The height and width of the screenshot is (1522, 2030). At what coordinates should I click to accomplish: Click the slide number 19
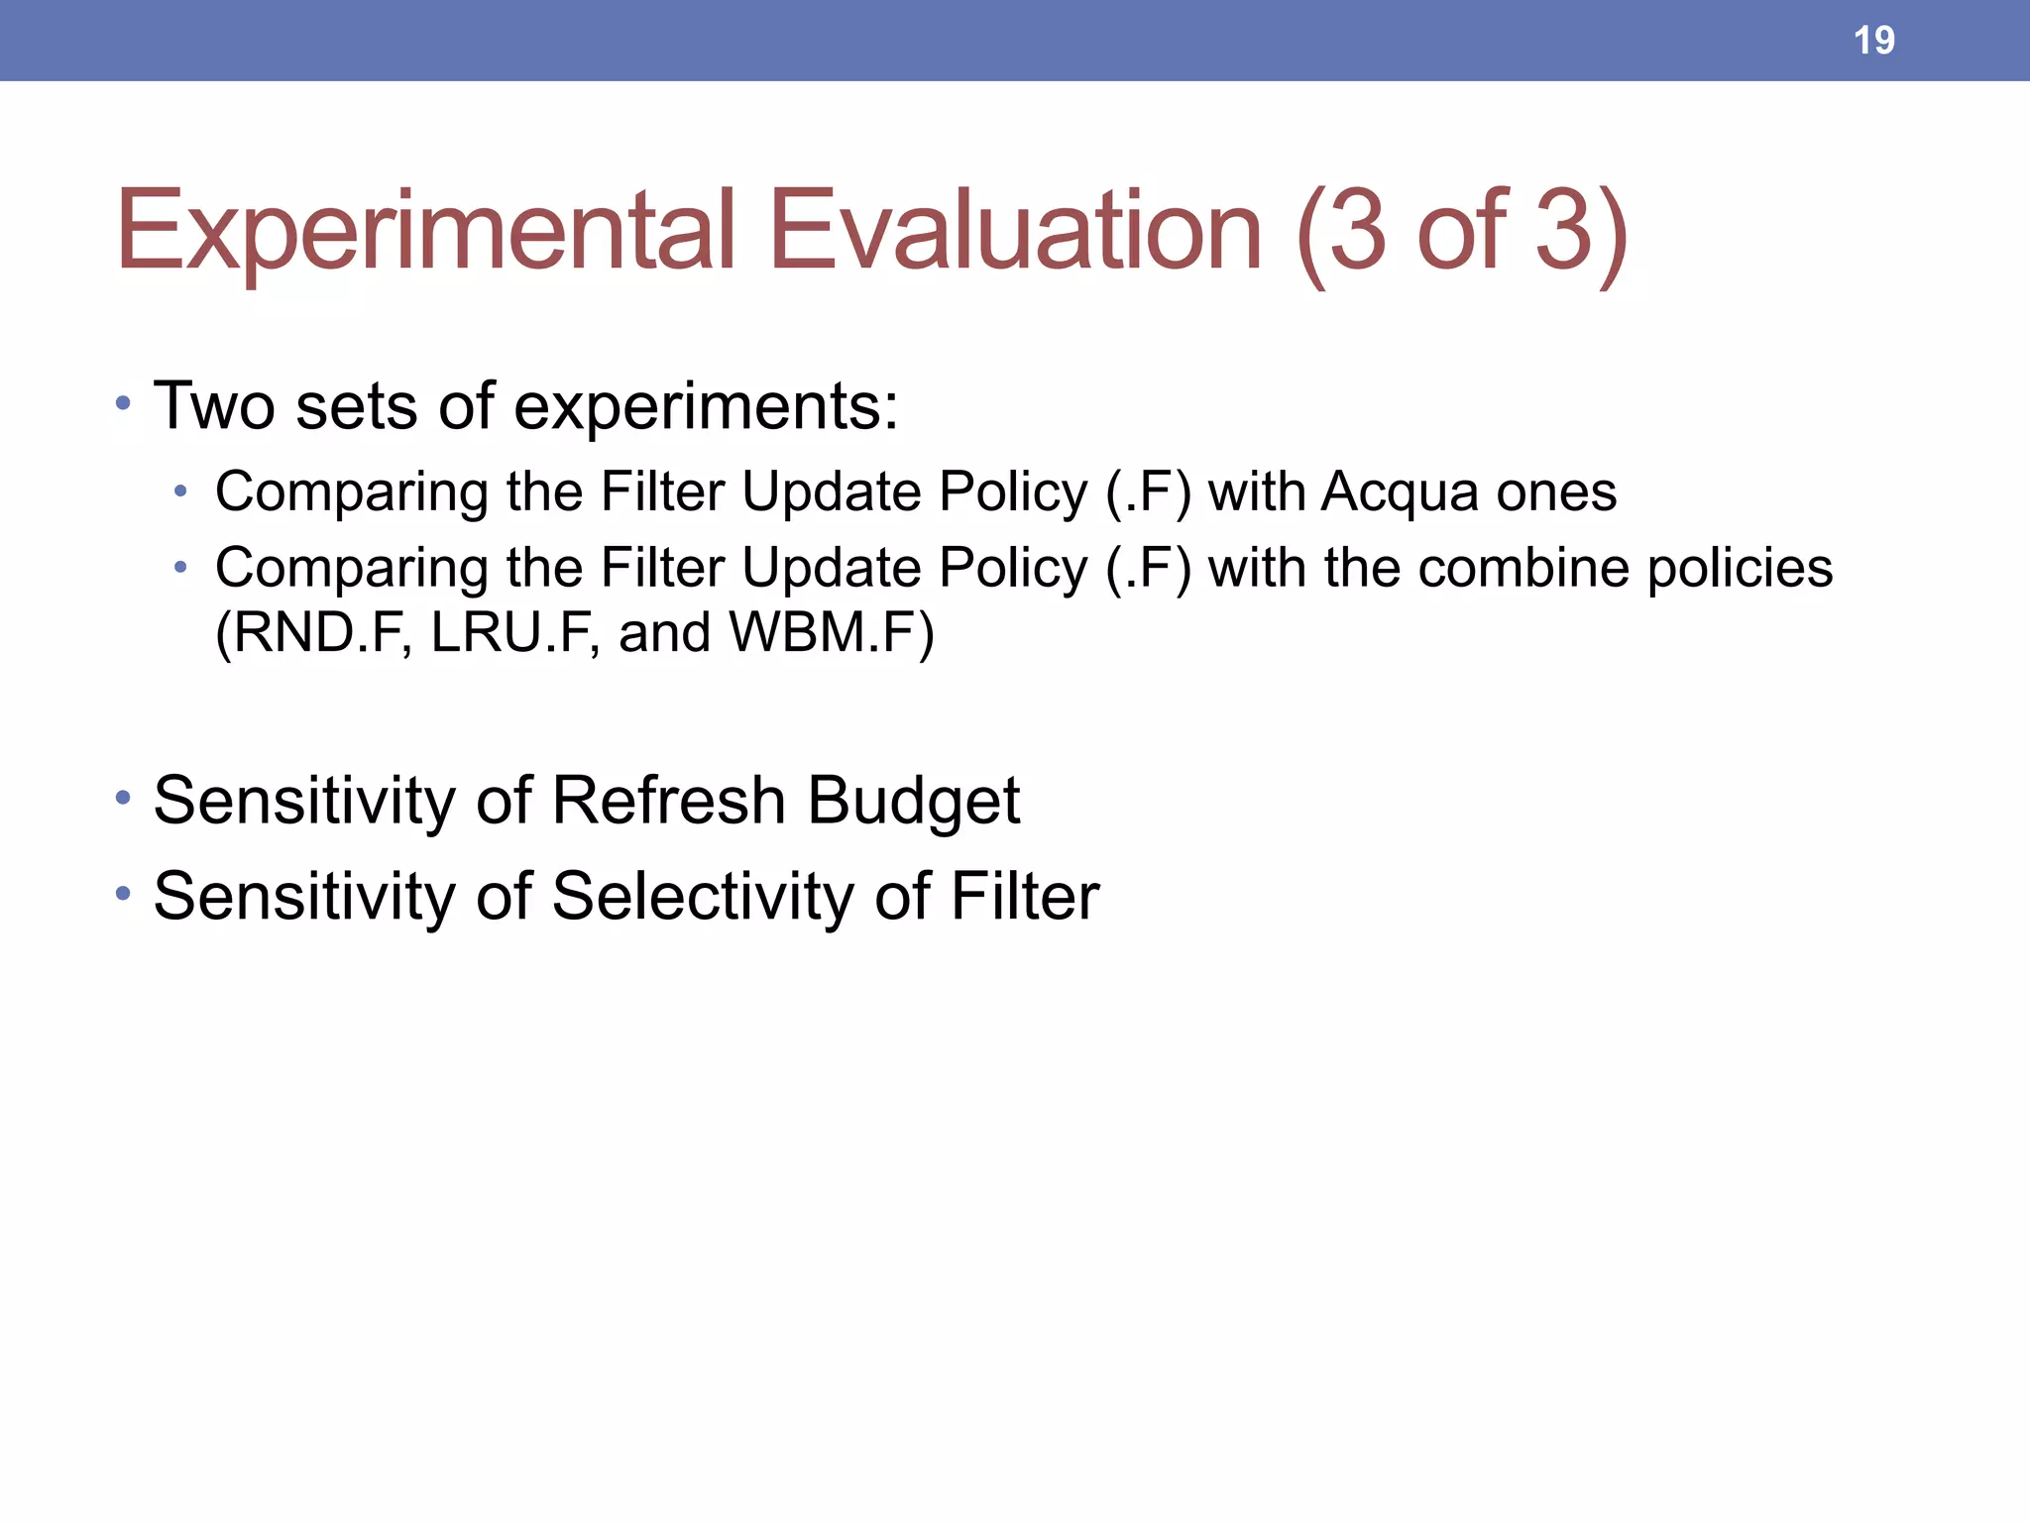(1873, 41)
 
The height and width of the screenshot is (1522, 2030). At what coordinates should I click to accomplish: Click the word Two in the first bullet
(214, 405)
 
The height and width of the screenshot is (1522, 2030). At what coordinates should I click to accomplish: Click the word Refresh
(669, 800)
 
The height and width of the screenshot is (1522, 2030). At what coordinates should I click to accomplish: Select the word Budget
(913, 802)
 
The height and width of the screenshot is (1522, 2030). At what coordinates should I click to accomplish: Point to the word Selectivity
(703, 896)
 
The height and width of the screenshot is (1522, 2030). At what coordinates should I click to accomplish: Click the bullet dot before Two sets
(123, 403)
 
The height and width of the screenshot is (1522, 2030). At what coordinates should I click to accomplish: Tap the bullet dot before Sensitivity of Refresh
(123, 798)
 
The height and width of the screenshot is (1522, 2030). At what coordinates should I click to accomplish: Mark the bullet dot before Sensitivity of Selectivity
(123, 894)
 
